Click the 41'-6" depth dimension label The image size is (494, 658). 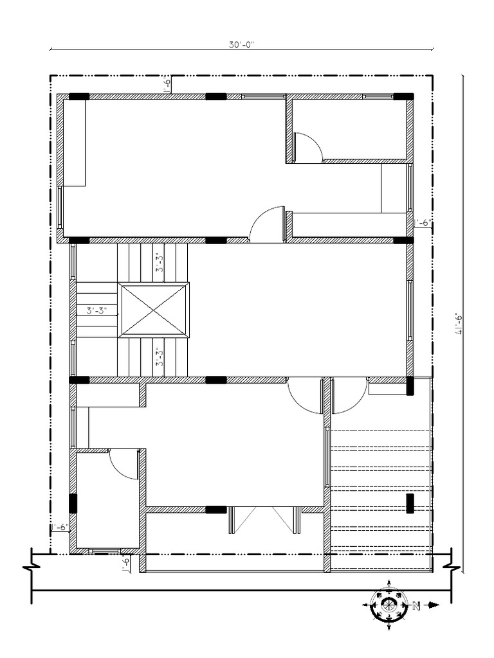459,323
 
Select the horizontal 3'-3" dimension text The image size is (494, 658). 96,310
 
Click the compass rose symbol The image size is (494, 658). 389,605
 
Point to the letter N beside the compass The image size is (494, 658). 416,605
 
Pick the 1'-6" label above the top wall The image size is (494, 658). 167,85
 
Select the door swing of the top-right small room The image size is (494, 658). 307,148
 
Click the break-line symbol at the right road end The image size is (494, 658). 452,568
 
